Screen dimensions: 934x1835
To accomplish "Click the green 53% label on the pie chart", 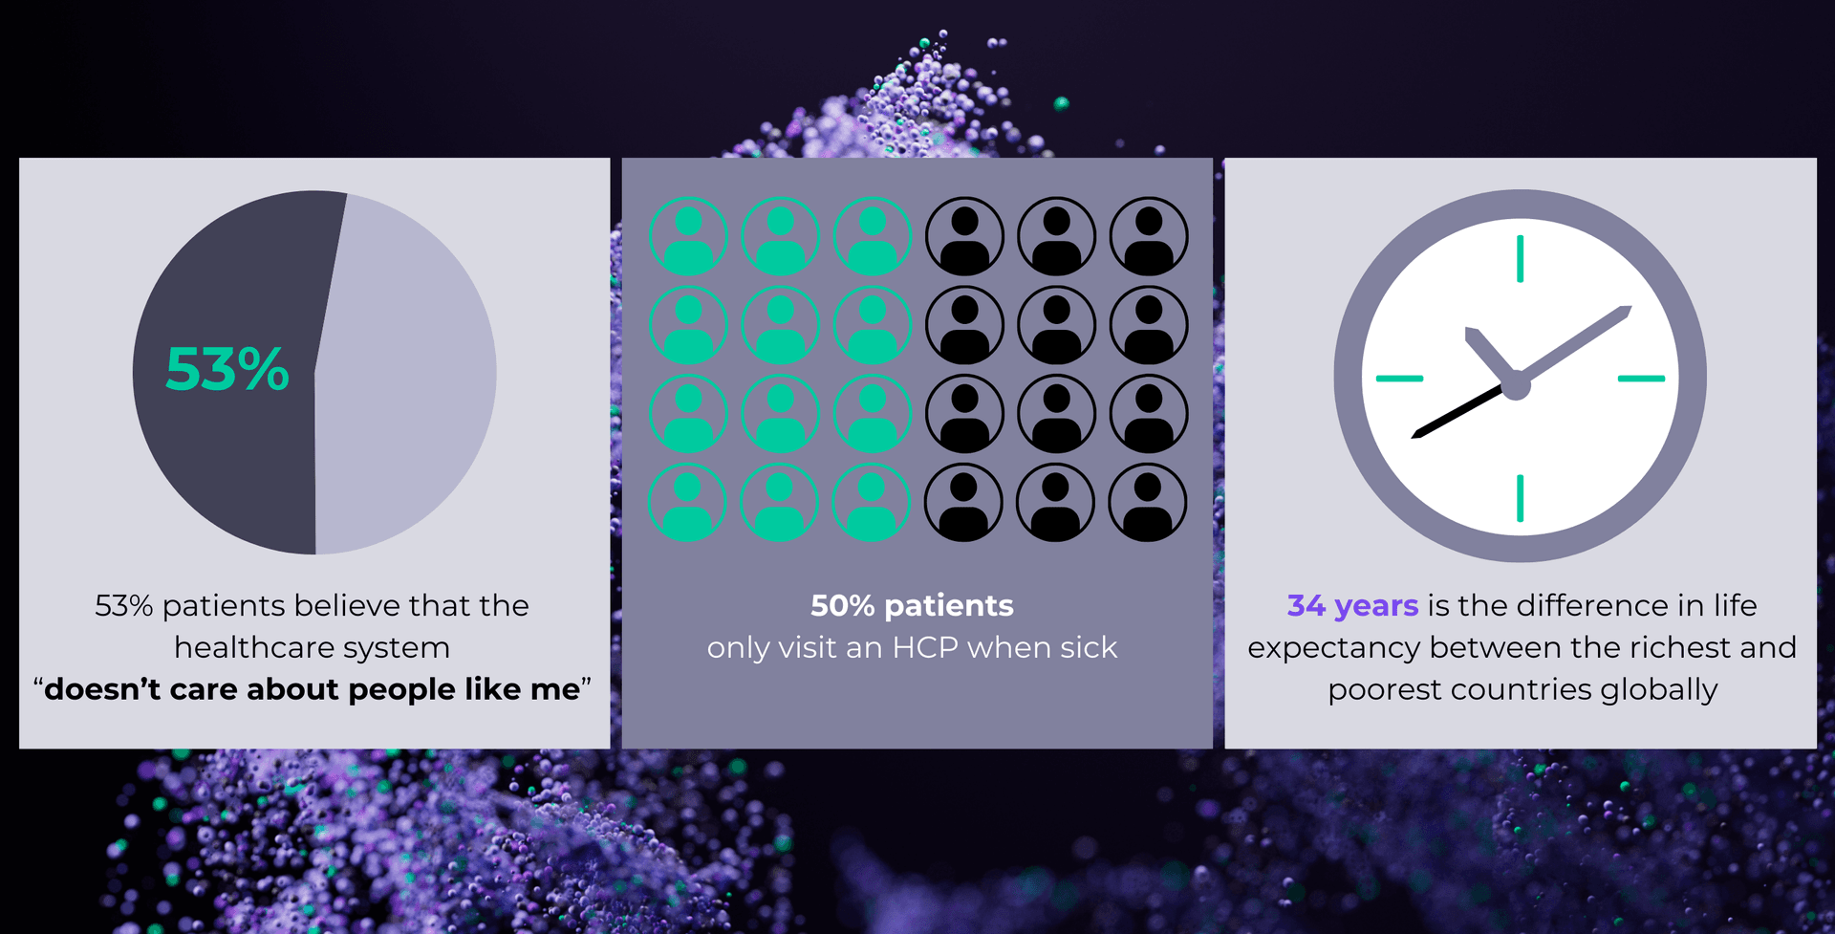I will coord(227,369).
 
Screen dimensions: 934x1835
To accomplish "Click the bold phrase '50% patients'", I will coord(912,605).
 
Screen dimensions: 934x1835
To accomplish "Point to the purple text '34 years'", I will coord(1352,605).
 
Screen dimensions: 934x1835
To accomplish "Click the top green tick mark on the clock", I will coord(1520,259).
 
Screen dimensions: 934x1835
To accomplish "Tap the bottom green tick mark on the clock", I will coord(1520,498).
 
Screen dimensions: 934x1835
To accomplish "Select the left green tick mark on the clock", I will coord(1399,379).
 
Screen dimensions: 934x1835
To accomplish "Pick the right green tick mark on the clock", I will coord(1641,379).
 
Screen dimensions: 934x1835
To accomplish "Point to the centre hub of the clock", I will coord(1517,386).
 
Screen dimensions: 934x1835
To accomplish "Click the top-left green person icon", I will coord(688,236).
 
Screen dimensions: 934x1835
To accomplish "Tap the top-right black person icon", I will coord(1149,236).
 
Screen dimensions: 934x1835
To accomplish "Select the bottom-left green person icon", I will coord(687,502).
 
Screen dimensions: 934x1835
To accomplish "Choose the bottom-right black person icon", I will coord(1147,502).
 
